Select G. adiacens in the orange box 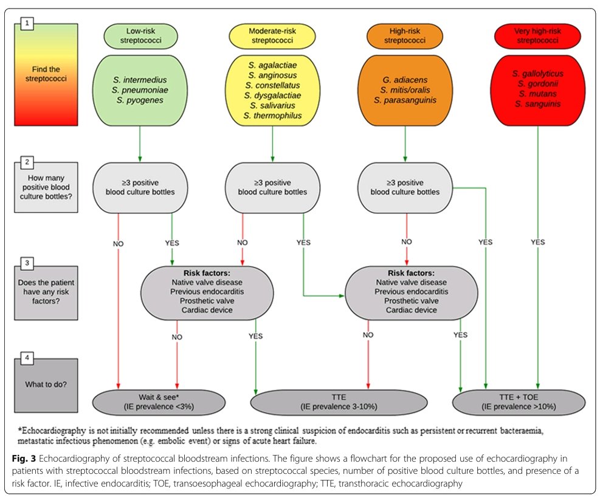point(405,79)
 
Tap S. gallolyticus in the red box point(537,74)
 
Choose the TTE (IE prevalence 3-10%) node point(339,402)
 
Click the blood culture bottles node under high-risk point(405,187)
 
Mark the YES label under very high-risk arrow point(538,242)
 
